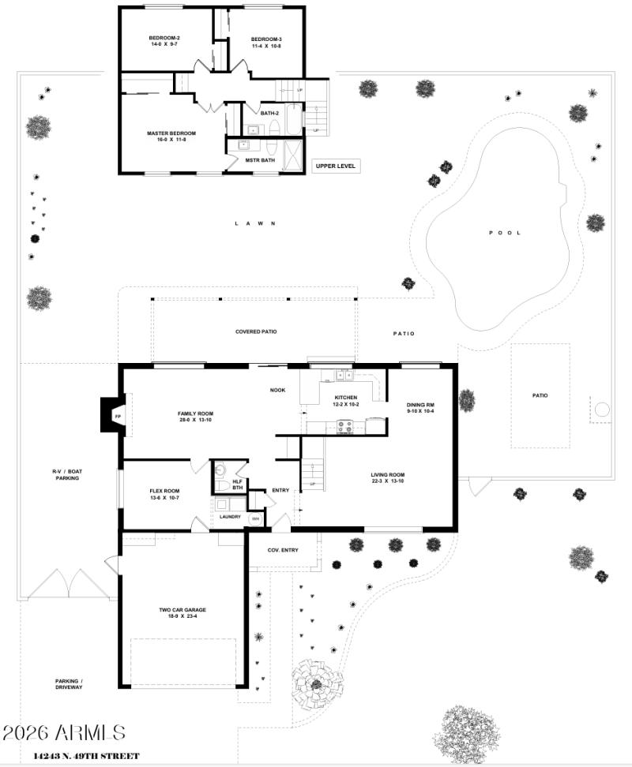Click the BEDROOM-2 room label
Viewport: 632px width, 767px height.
165,39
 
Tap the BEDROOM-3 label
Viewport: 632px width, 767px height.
266,39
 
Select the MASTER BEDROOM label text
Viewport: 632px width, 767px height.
171,133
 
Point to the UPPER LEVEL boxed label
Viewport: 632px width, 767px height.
337,166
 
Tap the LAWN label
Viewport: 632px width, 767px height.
254,223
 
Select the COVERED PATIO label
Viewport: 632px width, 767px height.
256,331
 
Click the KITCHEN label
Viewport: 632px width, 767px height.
346,398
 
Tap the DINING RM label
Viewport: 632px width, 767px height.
420,405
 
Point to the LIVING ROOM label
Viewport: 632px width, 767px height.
388,475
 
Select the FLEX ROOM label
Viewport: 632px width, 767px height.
166,490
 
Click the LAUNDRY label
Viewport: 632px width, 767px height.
230,517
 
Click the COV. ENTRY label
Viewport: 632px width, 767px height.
283,550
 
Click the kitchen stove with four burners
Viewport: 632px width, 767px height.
345,426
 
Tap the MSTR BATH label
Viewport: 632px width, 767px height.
260,160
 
